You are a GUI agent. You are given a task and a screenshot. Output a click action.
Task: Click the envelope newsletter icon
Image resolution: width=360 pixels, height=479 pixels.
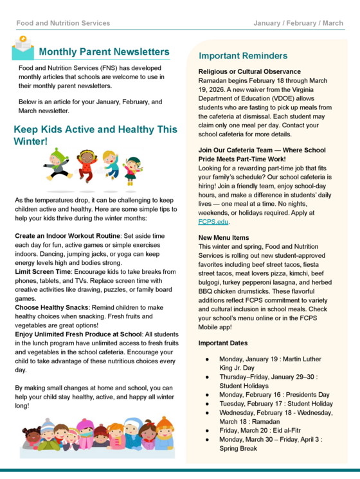tap(24, 51)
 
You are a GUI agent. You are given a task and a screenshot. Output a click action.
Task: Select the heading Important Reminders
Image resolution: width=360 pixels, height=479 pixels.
tap(243, 56)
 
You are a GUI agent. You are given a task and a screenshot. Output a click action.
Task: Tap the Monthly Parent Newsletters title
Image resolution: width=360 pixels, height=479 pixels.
tap(104, 51)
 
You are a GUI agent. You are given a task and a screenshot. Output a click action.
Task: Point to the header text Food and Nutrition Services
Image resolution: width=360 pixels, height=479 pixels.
tap(63, 23)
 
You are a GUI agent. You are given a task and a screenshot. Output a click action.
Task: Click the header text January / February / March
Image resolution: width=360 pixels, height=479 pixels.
tap(298, 23)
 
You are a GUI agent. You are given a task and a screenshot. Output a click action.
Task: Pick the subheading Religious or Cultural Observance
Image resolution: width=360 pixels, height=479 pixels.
tap(249, 71)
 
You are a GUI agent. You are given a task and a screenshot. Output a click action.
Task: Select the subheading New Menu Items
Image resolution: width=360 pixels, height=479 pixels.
tap(224, 238)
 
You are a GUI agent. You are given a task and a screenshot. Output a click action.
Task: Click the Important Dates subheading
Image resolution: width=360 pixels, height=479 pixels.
tap(223, 343)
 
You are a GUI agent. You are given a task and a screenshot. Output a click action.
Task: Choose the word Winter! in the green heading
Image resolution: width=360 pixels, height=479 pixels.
tap(31, 140)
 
